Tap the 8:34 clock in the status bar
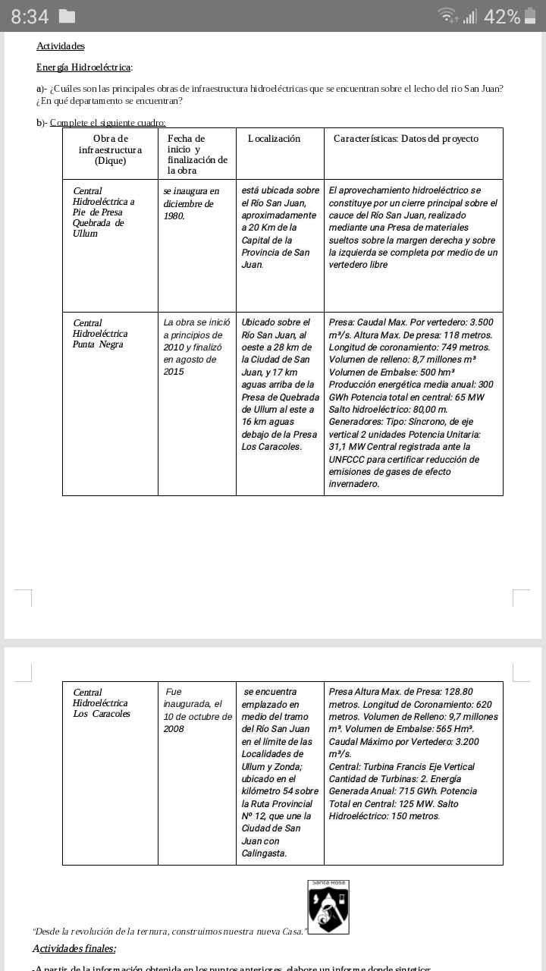[x=30, y=16]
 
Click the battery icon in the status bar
[x=530, y=16]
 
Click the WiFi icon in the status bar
[x=449, y=15]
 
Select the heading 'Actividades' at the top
[x=61, y=46]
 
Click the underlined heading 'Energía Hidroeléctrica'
[x=84, y=68]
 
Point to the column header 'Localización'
[x=274, y=139]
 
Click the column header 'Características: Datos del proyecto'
[x=406, y=139]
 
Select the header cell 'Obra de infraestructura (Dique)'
[x=110, y=149]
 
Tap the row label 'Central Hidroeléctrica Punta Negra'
[x=100, y=334]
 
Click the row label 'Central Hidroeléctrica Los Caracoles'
[x=102, y=703]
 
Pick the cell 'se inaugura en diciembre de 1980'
[x=191, y=203]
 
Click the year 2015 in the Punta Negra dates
[x=174, y=372]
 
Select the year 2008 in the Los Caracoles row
[x=174, y=729]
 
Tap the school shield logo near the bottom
[x=328, y=907]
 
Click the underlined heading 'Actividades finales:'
[x=74, y=948]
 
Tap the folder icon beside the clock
[x=67, y=16]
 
